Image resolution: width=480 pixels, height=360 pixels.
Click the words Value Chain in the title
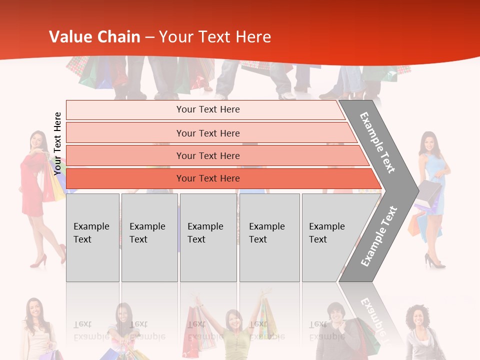coord(94,37)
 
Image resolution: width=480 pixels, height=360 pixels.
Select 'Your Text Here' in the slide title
coord(215,37)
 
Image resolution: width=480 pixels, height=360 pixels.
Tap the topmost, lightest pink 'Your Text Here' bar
coord(208,109)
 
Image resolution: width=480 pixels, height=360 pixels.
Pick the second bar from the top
coord(208,133)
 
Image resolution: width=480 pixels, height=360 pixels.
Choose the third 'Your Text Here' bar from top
coord(208,155)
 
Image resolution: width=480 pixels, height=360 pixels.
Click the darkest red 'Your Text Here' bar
coord(208,178)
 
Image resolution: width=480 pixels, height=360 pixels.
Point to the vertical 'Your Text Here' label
coord(57,143)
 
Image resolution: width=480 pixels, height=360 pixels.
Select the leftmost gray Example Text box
coord(92,237)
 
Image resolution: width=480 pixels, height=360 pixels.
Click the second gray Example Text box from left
coord(149,237)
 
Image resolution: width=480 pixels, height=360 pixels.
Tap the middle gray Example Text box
coord(208,237)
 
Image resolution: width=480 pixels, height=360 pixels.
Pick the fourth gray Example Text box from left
coord(269,237)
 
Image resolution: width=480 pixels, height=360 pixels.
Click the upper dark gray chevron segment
coord(378,142)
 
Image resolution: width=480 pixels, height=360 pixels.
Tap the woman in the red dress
coord(35,190)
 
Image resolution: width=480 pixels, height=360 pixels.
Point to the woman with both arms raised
coord(233,330)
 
